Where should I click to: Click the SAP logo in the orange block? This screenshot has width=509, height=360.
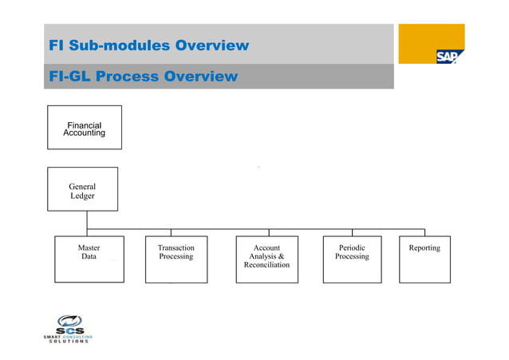[x=446, y=57]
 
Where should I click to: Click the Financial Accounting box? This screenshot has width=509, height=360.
[x=85, y=128]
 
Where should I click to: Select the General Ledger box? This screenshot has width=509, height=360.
[x=82, y=189]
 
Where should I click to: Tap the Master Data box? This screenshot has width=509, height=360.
[x=89, y=259]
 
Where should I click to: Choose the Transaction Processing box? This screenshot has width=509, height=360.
[x=176, y=259]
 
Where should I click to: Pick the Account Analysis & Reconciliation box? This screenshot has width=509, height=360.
[x=266, y=259]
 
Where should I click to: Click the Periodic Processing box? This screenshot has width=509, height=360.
[x=352, y=259]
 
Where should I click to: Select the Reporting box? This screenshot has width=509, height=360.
[x=424, y=259]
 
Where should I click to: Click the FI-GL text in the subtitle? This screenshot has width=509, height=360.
[x=69, y=77]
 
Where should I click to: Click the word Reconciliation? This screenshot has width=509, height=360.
[x=266, y=265]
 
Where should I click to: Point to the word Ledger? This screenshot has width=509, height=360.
[x=82, y=196]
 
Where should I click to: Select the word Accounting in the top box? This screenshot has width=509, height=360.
[x=85, y=133]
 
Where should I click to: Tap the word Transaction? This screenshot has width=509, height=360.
[x=176, y=248]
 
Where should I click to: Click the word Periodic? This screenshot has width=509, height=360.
[x=352, y=248]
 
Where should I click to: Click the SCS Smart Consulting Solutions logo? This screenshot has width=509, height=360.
[x=68, y=329]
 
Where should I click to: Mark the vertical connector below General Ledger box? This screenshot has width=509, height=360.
[x=87, y=220]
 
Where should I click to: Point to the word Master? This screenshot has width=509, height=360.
[x=89, y=248]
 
